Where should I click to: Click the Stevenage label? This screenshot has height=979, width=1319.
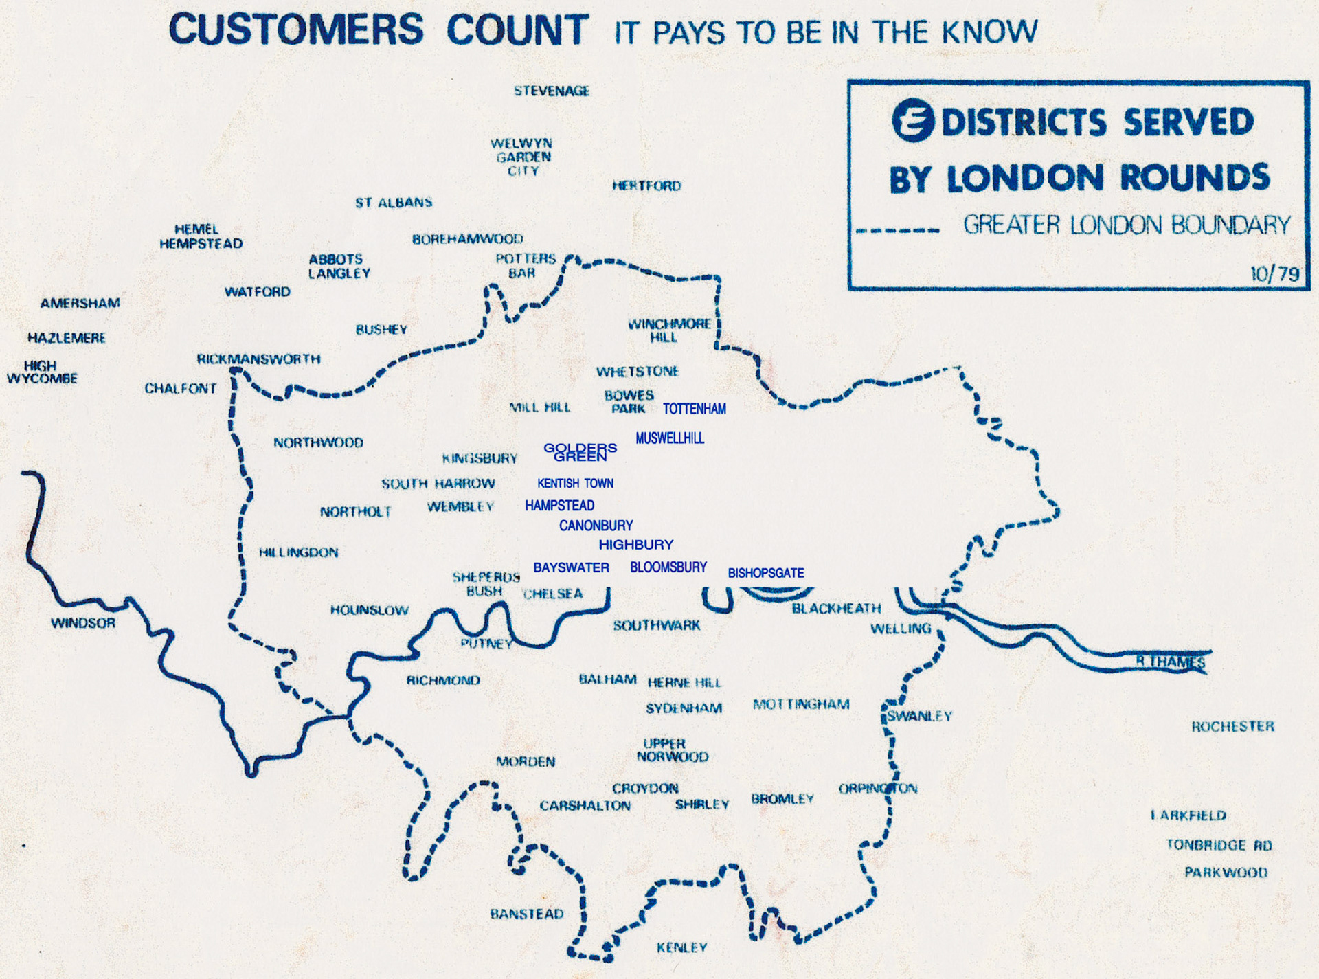pos(552,91)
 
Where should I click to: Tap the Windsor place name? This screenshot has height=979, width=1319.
pos(83,623)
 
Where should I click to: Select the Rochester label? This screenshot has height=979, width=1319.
pos(1232,726)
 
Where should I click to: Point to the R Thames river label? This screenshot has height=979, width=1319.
pos(1171,662)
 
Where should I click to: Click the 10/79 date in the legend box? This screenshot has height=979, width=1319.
pos(1274,274)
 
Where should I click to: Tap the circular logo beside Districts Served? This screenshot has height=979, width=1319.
pos(913,121)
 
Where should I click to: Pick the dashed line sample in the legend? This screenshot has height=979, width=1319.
pos(897,230)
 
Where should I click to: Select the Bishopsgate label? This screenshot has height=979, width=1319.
pos(765,573)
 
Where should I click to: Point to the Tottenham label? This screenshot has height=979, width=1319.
pos(694,409)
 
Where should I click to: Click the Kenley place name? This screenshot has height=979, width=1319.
pos(681,947)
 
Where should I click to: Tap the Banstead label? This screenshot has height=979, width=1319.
pos(527,914)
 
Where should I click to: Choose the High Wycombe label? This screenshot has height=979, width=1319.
pos(42,372)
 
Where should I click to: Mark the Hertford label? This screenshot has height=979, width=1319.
pos(646,185)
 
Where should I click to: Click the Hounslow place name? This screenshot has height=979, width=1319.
pos(370,610)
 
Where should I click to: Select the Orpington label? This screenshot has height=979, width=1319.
pos(878,788)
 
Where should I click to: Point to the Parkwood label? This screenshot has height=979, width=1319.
pos(1226,873)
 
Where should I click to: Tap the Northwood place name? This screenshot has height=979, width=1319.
pos(318,442)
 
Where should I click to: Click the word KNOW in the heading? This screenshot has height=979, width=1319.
pos(989,32)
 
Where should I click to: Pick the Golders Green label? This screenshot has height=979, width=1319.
pos(580,452)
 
